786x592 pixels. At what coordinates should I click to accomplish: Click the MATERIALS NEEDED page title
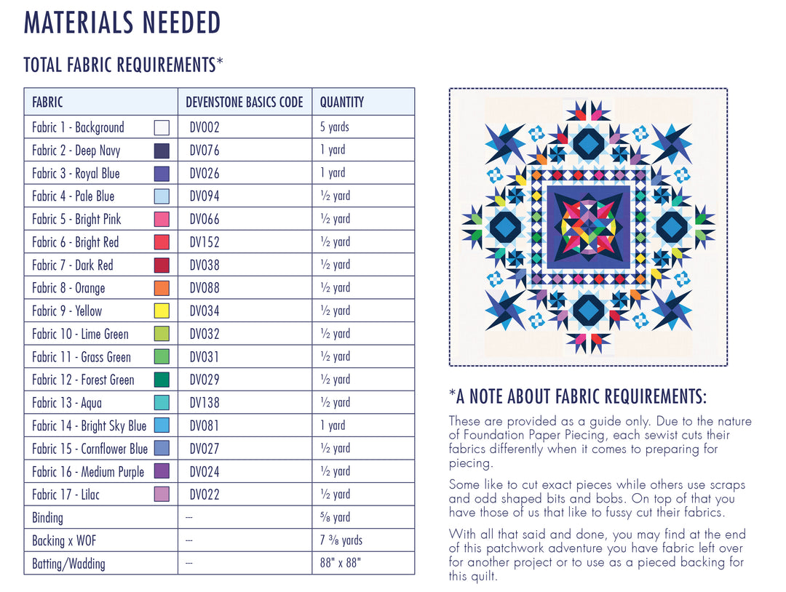122,23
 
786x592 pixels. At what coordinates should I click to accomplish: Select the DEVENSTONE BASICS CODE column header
245,103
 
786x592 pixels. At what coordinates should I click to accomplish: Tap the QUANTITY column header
341,103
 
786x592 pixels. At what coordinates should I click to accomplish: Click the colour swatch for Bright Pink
162,219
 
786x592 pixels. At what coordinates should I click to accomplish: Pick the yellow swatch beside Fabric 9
162,311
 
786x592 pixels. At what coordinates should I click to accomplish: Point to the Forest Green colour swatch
162,380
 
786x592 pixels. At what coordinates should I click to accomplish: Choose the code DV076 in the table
205,151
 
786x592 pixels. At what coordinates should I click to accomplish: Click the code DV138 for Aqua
205,403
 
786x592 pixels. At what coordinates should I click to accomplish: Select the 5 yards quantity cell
335,127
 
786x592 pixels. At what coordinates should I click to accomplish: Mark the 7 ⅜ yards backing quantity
341,540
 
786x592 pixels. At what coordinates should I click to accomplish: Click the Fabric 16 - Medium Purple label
88,472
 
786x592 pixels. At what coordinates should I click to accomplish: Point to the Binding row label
47,518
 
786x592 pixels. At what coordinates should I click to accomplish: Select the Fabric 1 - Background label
78,127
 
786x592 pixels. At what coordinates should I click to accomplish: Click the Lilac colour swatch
162,495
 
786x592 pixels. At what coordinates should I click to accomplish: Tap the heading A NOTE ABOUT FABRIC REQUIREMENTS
578,397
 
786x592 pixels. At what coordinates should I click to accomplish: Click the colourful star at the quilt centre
588,227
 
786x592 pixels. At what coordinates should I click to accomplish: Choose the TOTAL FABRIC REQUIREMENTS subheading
123,65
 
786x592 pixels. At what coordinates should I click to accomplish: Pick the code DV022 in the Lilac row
205,495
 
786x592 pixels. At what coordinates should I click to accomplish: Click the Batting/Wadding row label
68,564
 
